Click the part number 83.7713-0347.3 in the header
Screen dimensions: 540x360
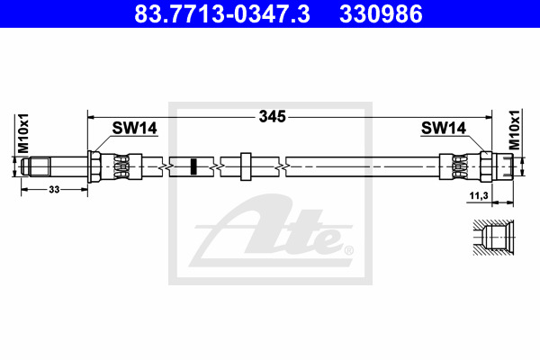222,13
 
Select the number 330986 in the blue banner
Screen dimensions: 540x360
381,13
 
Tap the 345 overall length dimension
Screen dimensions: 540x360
273,116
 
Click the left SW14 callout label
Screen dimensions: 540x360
134,128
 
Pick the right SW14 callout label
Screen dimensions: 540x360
444,128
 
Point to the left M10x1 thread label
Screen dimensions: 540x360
23,133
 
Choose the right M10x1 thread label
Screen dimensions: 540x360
514,130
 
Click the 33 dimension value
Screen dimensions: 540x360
54,190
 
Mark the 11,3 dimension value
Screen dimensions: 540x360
479,195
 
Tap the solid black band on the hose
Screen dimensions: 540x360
193,166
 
